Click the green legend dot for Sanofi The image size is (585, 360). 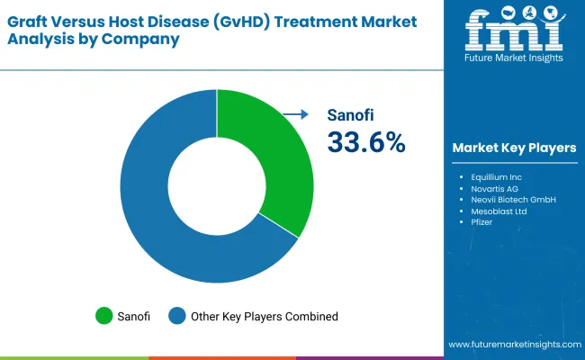104,316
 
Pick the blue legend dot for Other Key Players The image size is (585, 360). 177,316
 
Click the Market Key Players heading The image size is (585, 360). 514,148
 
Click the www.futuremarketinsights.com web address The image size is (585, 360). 514,345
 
